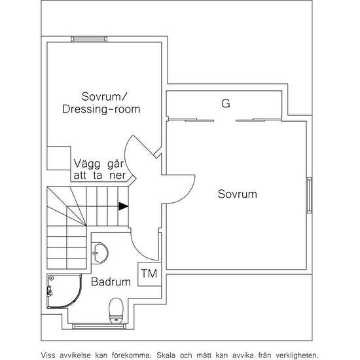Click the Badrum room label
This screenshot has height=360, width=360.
[x=111, y=281]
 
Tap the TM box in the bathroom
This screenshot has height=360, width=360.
[x=149, y=274]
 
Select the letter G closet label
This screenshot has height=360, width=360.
[x=226, y=103]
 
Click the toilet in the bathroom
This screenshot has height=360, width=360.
[x=116, y=311]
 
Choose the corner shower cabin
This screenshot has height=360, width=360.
[x=64, y=291]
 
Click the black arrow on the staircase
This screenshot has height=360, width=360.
[x=123, y=206]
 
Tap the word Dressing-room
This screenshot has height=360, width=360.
[x=101, y=109]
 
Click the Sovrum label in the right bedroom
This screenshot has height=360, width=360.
[x=238, y=194]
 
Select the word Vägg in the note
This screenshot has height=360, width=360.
[x=87, y=164]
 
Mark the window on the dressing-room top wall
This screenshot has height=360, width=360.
[x=89, y=39]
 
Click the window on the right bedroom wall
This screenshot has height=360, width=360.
[x=309, y=195]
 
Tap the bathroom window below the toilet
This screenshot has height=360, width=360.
[x=99, y=326]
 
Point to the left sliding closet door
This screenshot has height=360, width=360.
[x=191, y=120]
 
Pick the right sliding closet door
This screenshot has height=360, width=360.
[x=259, y=120]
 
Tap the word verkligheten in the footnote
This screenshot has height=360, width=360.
[x=297, y=355]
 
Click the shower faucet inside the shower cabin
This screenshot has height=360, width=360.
[x=49, y=291]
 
